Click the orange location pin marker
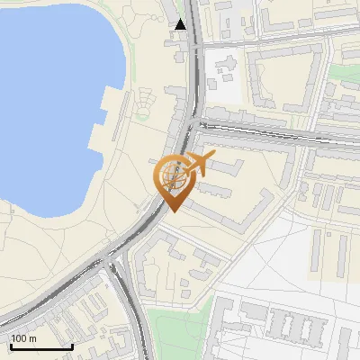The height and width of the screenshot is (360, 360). [175, 179]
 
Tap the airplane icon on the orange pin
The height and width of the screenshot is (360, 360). [200, 164]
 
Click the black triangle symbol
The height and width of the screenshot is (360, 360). [181, 24]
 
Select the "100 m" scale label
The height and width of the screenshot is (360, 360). [23, 338]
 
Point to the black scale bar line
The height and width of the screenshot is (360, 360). [41, 346]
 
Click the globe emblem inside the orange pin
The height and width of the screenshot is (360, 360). [173, 174]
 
